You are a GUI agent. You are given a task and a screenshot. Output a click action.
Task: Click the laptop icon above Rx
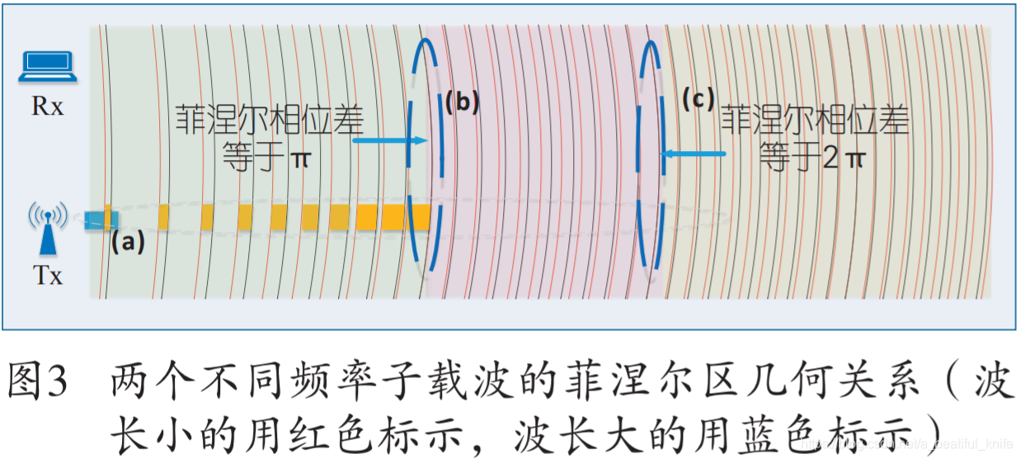pos(47,67)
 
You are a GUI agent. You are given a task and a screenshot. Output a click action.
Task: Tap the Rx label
pos(47,107)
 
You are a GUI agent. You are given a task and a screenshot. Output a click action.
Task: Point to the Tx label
pos(48,276)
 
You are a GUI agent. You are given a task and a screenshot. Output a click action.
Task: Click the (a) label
pos(128,243)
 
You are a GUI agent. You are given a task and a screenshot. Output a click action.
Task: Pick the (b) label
pos(462,103)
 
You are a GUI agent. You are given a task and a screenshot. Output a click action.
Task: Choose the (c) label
pos(697,100)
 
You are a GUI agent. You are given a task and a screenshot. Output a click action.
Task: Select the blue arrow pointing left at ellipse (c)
pos(694,154)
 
